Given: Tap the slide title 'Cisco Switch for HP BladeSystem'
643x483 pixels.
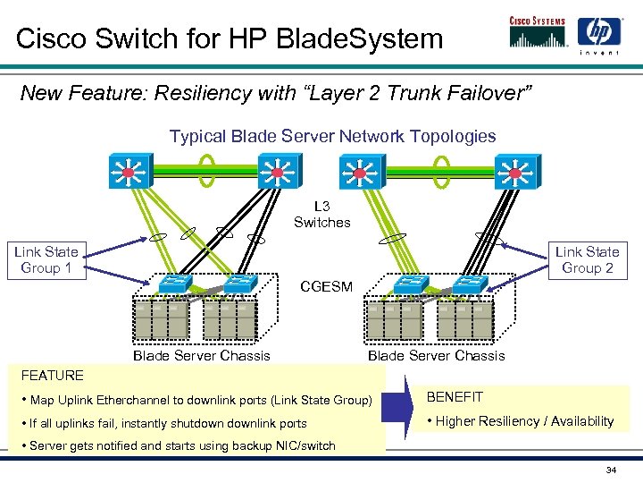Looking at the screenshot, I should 230,38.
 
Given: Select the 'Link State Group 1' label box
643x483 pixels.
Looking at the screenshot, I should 46,260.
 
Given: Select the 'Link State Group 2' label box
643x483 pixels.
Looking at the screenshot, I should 587,260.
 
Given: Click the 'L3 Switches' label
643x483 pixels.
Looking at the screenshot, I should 321,215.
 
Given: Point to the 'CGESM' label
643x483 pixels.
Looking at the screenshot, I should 326,287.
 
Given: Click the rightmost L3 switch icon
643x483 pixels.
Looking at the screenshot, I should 516,171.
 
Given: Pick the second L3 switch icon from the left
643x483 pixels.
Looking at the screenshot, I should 277,171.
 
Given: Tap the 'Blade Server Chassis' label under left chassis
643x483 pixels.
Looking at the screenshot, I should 201,356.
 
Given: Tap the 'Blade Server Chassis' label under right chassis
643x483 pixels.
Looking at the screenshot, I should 436,356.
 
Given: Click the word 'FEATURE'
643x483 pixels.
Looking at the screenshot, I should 52,376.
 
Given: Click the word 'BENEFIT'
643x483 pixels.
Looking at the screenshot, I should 455,397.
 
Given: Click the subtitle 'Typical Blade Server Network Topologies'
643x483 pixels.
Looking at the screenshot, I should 332,137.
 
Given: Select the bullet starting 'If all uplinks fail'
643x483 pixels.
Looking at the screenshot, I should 168,424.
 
